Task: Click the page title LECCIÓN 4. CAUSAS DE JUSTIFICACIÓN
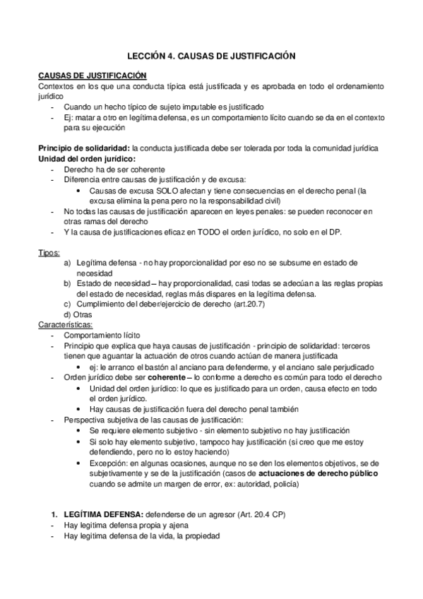[211, 54]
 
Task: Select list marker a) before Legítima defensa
[67, 263]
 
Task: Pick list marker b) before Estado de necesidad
[67, 283]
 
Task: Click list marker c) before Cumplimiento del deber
[67, 304]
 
